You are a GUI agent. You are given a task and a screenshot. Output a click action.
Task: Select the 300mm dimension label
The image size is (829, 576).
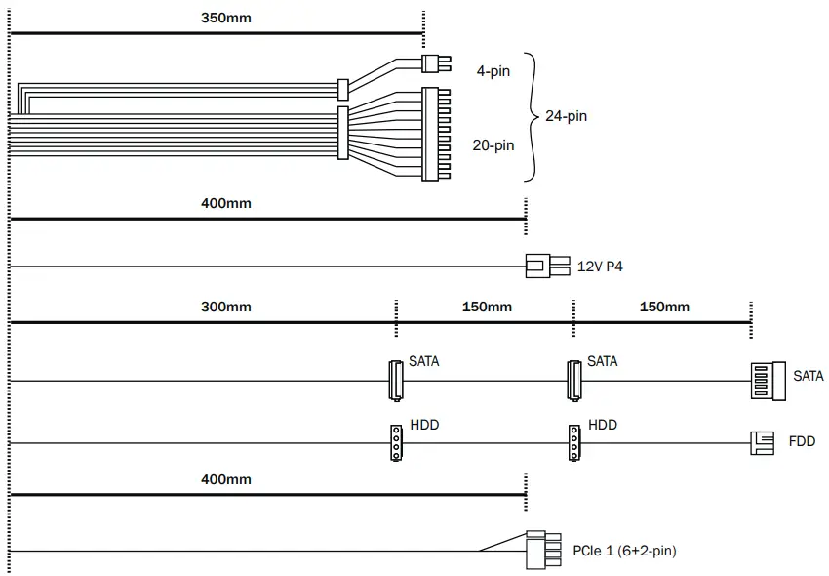226,307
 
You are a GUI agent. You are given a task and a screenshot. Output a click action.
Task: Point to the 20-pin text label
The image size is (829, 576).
493,145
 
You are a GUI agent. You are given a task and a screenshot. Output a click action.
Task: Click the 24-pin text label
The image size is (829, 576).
566,116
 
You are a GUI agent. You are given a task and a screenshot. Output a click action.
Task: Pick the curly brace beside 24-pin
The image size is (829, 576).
532,116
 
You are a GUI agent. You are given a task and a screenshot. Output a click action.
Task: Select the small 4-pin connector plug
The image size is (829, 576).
435,63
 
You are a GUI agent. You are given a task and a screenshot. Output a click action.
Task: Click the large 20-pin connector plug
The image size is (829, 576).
434,134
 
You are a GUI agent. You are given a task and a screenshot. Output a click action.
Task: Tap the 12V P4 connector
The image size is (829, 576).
539,266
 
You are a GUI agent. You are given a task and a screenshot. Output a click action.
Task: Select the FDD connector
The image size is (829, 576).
762,443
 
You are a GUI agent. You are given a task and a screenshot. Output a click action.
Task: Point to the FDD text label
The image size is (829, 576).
802,442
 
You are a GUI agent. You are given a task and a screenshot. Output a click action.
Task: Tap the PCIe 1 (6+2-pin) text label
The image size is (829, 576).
624,551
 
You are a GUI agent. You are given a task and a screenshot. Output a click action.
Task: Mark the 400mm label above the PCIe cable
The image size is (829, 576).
226,479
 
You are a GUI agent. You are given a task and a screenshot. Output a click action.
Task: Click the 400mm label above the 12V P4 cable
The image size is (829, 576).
226,203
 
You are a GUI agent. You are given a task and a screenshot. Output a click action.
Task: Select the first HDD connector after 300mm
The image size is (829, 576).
396,442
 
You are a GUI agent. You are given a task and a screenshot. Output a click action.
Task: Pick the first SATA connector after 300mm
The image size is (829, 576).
396,380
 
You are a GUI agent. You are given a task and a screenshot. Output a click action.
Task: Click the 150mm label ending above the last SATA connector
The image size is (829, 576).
664,307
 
